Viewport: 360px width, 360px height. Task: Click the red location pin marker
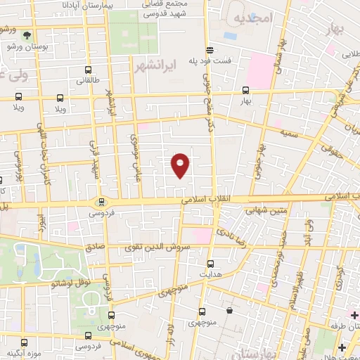pyautogui.click(x=181, y=165)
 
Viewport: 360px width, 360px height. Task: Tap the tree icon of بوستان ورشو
pyautogui.click(x=27, y=34)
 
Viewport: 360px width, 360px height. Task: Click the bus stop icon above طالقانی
pyautogui.click(x=87, y=70)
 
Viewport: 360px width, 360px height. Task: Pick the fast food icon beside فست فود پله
pyautogui.click(x=210, y=49)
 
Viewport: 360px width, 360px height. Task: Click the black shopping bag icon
pyautogui.click(x=229, y=310)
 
